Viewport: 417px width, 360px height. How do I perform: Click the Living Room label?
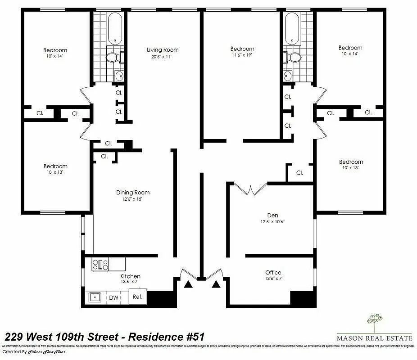(163, 49)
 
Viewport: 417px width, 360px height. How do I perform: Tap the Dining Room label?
(132, 193)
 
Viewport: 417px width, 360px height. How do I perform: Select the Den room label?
(272, 216)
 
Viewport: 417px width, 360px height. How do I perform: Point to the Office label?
(273, 272)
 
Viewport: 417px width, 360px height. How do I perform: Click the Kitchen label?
(130, 276)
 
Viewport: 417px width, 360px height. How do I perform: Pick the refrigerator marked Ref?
(137, 297)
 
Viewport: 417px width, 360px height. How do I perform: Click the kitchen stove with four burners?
(100, 264)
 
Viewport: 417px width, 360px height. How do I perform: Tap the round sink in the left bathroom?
(119, 76)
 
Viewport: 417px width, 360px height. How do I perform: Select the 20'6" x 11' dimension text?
(163, 57)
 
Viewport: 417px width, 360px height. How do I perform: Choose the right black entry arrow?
(216, 283)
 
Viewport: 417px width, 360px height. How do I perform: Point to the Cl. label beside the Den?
(299, 172)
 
